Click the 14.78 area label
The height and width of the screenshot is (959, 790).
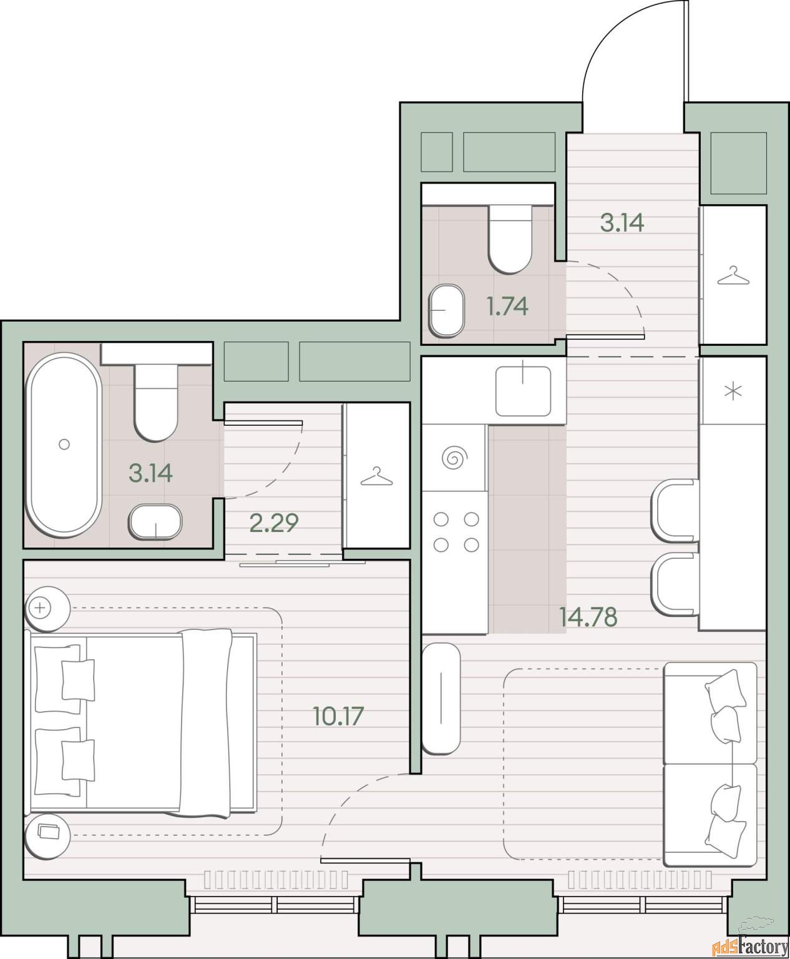coord(588,617)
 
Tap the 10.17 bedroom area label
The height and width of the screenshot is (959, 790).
coord(338,716)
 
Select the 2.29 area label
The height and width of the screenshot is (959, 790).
coord(274,522)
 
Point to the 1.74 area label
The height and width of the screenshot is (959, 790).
coord(508,307)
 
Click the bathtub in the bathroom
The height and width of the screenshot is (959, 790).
coord(64,445)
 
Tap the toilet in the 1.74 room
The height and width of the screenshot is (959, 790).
coord(510,239)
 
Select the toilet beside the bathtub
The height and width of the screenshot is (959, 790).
coord(156,403)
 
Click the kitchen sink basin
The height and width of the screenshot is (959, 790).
coord(524,391)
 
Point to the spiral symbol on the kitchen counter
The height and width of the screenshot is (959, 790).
coord(455,458)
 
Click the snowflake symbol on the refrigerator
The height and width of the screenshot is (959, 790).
coord(733,391)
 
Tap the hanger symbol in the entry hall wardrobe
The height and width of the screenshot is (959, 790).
coord(733,275)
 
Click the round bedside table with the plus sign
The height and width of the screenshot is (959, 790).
coord(47,609)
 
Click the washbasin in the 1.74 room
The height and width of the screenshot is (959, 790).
coord(446,311)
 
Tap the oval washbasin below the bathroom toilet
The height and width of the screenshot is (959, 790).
coord(155,522)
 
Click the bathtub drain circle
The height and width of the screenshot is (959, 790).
coord(64,444)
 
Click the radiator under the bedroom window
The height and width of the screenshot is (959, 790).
coord(276,880)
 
